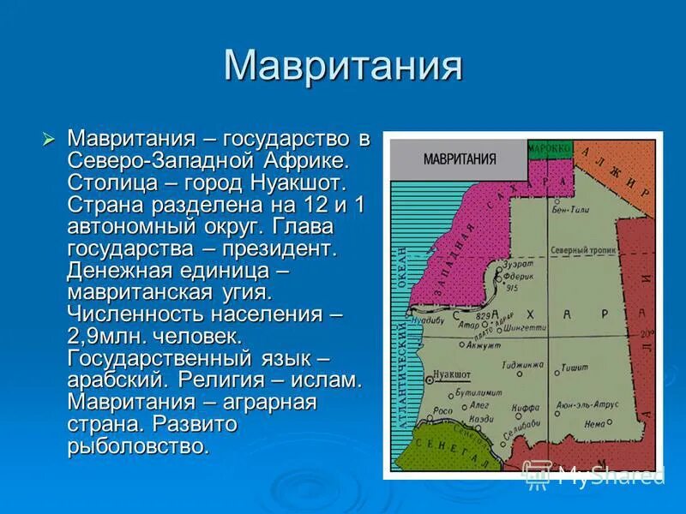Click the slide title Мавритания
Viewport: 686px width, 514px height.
click(343, 67)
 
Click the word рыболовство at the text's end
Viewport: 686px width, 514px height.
click(137, 445)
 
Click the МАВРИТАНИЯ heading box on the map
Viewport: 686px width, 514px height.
click(459, 158)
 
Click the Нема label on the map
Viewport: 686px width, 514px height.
click(593, 422)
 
